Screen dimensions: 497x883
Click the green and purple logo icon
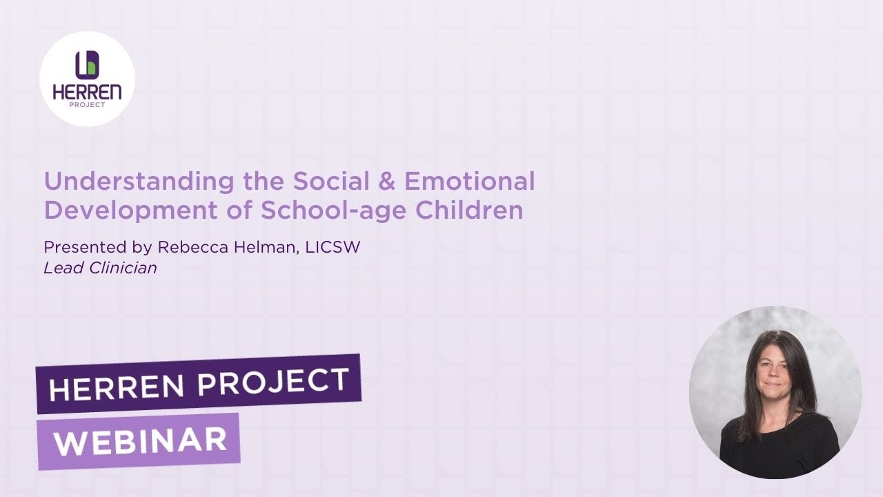tap(87, 65)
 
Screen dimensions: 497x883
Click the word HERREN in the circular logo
tap(87, 92)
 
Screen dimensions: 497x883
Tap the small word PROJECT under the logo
tap(87, 105)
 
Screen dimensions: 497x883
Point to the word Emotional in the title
tap(469, 182)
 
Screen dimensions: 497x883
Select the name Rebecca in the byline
tap(188, 247)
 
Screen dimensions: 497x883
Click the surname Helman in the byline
tap(261, 247)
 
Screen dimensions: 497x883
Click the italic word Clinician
tap(123, 268)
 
